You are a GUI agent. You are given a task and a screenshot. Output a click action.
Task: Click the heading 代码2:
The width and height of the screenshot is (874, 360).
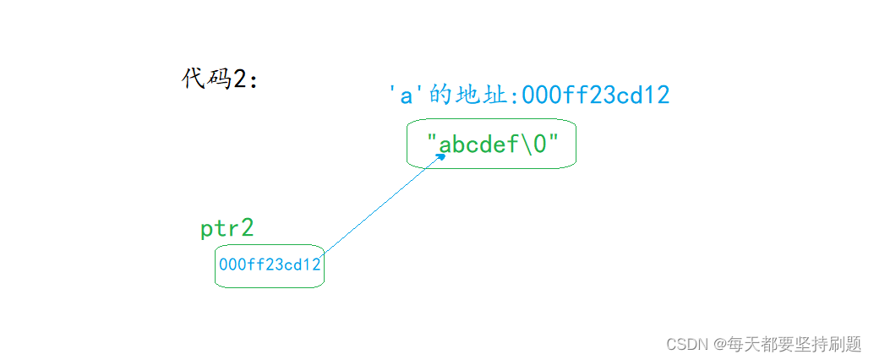pos(220,79)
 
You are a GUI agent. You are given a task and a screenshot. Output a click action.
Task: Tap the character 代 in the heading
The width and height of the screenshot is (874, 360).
pos(193,79)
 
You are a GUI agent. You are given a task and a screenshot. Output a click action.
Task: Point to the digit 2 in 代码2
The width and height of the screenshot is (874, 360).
pos(240,79)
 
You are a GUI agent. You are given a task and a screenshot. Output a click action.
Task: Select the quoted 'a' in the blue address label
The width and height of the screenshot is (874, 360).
pos(406,95)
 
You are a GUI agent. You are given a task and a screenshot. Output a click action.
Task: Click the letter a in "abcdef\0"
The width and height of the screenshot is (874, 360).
pos(445,146)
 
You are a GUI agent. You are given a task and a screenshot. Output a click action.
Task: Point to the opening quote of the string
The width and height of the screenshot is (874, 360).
pos(431,139)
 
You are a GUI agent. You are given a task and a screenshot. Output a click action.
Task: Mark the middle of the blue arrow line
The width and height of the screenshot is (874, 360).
pos(384,205)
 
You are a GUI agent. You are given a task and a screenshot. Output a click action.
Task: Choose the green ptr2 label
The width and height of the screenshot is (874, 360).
pos(227,228)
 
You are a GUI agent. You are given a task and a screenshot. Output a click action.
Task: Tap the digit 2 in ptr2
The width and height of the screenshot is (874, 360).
pos(248,227)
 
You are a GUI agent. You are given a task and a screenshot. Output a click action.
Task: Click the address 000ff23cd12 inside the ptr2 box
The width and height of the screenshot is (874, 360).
pos(270,265)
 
